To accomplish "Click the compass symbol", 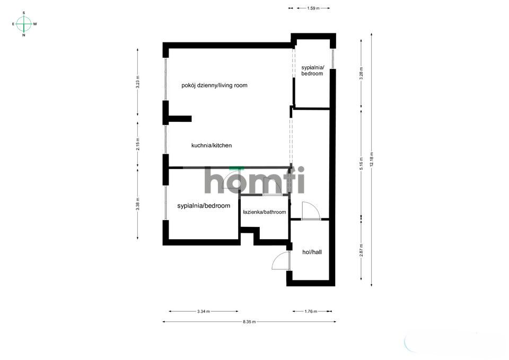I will tap(24, 24).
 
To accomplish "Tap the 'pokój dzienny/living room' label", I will tap(214, 85).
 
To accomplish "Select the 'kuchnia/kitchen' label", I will tap(212, 145).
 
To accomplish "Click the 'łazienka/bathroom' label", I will tap(265, 212).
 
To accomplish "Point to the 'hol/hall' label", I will tap(312, 252).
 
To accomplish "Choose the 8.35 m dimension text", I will tap(249, 322).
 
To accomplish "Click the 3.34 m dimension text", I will tap(203, 312).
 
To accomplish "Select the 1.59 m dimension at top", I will tap(313, 8).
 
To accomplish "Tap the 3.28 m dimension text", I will tap(361, 72).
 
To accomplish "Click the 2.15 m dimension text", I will tap(138, 144).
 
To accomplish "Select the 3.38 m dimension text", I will tap(138, 204).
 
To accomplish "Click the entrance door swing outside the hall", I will tap(279, 261).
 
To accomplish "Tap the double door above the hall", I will tap(310, 211).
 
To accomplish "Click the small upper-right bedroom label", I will tap(312, 71).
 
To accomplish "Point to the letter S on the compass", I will tap(24, 12).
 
